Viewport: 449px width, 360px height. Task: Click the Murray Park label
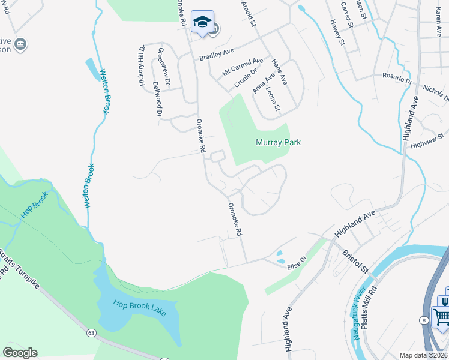point(277,143)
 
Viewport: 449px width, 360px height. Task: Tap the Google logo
point(20,353)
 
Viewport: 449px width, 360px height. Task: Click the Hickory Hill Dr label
point(143,67)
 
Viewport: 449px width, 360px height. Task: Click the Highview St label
point(427,141)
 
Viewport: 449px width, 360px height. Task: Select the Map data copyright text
point(424,355)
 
